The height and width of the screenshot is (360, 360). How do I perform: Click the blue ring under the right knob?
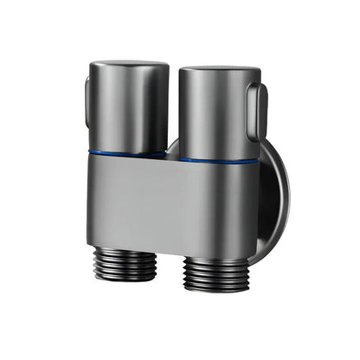click(218, 160)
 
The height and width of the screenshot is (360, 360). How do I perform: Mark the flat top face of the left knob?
click(130, 65)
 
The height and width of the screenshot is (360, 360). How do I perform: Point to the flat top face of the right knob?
click(218, 68)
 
